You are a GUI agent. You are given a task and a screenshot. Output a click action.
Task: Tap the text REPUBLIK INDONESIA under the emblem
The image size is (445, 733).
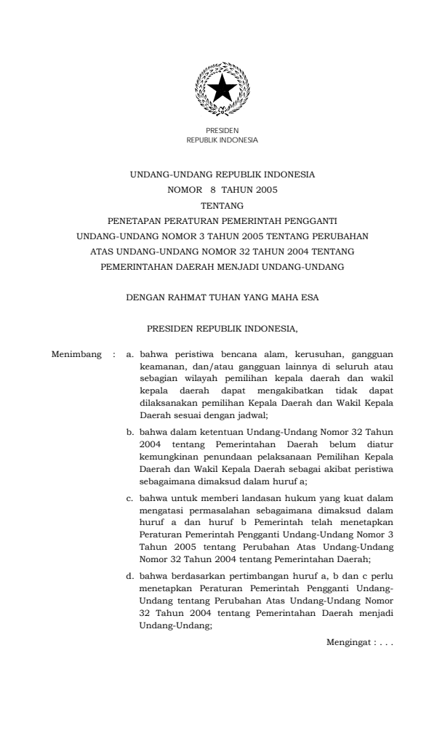(222, 140)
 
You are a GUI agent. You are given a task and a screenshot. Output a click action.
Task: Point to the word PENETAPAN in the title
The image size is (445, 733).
(133, 220)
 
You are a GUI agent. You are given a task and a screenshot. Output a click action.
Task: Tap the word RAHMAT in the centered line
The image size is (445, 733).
(187, 297)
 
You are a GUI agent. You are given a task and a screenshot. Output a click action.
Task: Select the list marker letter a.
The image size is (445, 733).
(129, 356)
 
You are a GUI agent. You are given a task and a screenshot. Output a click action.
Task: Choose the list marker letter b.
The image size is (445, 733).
(129, 432)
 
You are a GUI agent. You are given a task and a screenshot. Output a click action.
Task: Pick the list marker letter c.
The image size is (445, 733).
(129, 498)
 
